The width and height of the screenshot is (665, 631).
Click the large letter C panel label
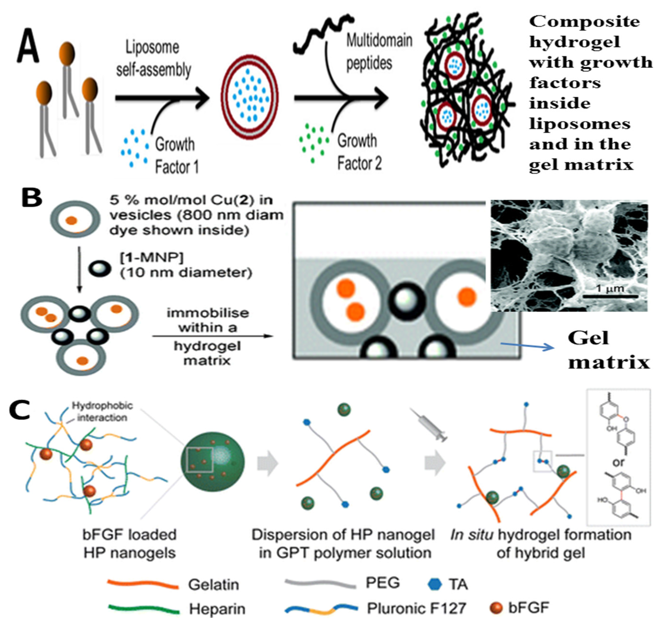click(x=20, y=411)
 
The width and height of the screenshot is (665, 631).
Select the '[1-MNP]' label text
click(x=151, y=258)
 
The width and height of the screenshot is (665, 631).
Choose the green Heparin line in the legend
click(x=144, y=609)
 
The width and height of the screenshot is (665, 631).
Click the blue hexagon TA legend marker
click(x=434, y=584)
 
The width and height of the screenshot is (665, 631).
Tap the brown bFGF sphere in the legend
click(x=496, y=608)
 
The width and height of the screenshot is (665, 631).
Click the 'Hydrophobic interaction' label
click(x=102, y=411)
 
